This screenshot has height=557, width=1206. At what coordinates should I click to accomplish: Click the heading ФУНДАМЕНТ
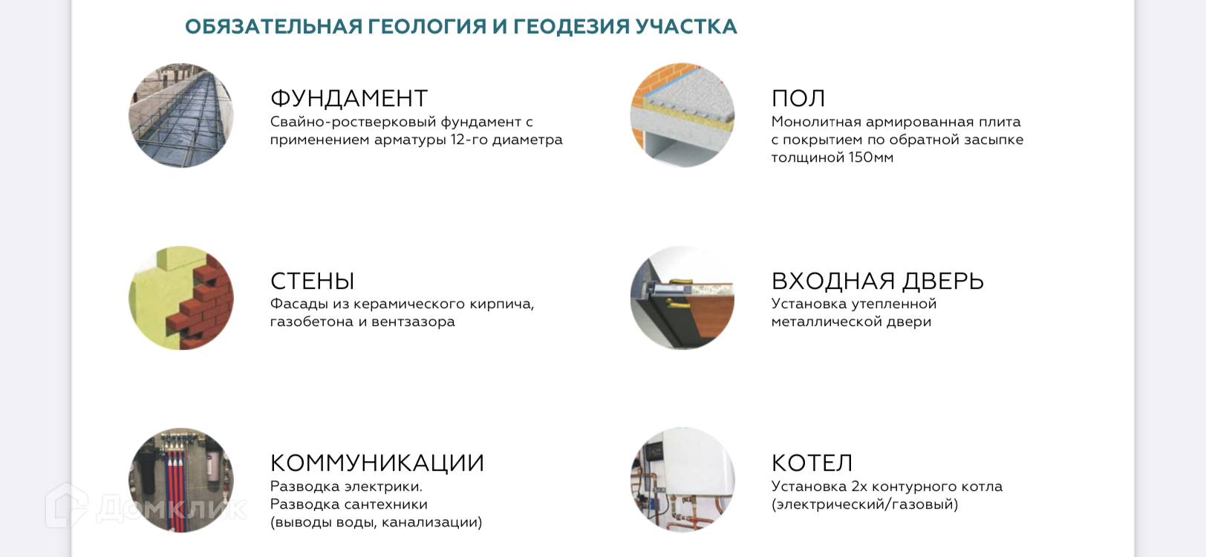tap(349, 99)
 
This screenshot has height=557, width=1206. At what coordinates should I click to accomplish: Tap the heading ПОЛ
tap(798, 99)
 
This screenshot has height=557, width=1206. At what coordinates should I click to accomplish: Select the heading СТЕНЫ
tap(312, 281)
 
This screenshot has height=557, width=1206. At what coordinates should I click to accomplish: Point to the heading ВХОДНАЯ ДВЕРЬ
tap(878, 281)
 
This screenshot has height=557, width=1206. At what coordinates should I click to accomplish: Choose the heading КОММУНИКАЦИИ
tap(377, 463)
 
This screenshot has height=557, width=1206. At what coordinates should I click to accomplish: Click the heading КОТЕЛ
tap(812, 463)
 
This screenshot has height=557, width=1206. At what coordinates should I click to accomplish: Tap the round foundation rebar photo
tap(181, 115)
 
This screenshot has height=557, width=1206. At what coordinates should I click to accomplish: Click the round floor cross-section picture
tap(682, 115)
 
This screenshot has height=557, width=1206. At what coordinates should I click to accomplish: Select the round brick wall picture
tap(181, 298)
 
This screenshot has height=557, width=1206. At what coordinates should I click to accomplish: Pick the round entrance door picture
tap(682, 298)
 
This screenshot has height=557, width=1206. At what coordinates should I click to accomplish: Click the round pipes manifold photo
tap(181, 481)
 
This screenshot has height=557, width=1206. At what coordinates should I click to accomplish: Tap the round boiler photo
tap(682, 481)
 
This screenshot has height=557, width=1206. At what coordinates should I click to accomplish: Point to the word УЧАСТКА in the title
tap(686, 27)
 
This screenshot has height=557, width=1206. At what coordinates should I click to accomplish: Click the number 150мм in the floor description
tap(871, 157)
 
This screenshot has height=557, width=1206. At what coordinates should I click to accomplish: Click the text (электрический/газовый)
tap(864, 505)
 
